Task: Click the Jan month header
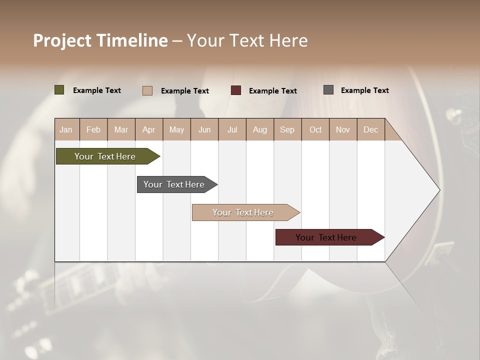66,129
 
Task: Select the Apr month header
148,129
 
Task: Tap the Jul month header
232,129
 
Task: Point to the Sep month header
287,129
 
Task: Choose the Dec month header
370,129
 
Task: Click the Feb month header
93,129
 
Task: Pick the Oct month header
315,129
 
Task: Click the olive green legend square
59,90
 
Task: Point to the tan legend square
147,90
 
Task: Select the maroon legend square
236,90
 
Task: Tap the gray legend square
328,90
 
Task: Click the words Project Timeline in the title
100,40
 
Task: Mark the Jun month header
204,129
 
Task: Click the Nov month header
342,129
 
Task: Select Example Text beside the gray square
364,90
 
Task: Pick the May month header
176,129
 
